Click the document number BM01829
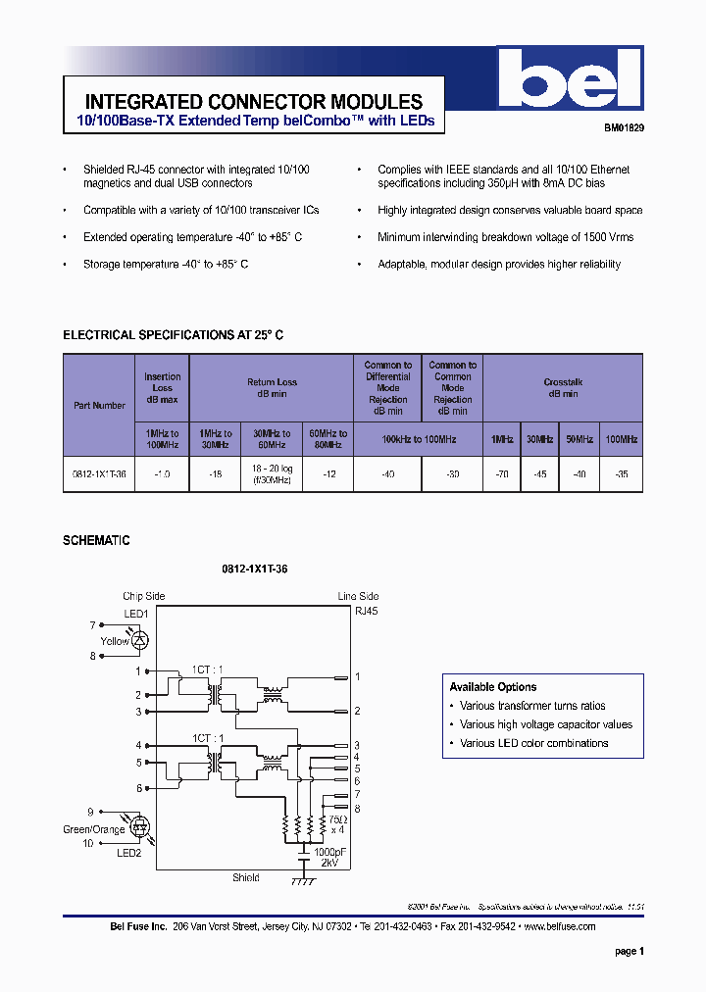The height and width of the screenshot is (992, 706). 623,127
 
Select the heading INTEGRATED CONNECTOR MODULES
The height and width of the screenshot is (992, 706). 254,102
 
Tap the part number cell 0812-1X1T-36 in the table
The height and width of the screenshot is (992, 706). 99,473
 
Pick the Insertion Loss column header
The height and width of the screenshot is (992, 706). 162,388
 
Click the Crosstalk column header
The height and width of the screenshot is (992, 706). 563,388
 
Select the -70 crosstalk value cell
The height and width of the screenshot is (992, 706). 501,473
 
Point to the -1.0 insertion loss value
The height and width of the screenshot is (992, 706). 162,473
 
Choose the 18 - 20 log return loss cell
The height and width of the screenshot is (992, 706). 271,473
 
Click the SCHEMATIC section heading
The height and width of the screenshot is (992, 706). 96,540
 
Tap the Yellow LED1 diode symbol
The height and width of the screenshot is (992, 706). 140,640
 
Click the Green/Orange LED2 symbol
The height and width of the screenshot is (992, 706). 139,827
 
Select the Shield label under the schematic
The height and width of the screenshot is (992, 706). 246,877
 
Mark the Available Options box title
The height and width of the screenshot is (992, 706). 493,687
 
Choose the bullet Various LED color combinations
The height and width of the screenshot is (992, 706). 533,743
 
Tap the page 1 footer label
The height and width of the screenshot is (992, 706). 629,951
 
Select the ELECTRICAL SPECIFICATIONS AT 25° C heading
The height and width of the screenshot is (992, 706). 174,335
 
